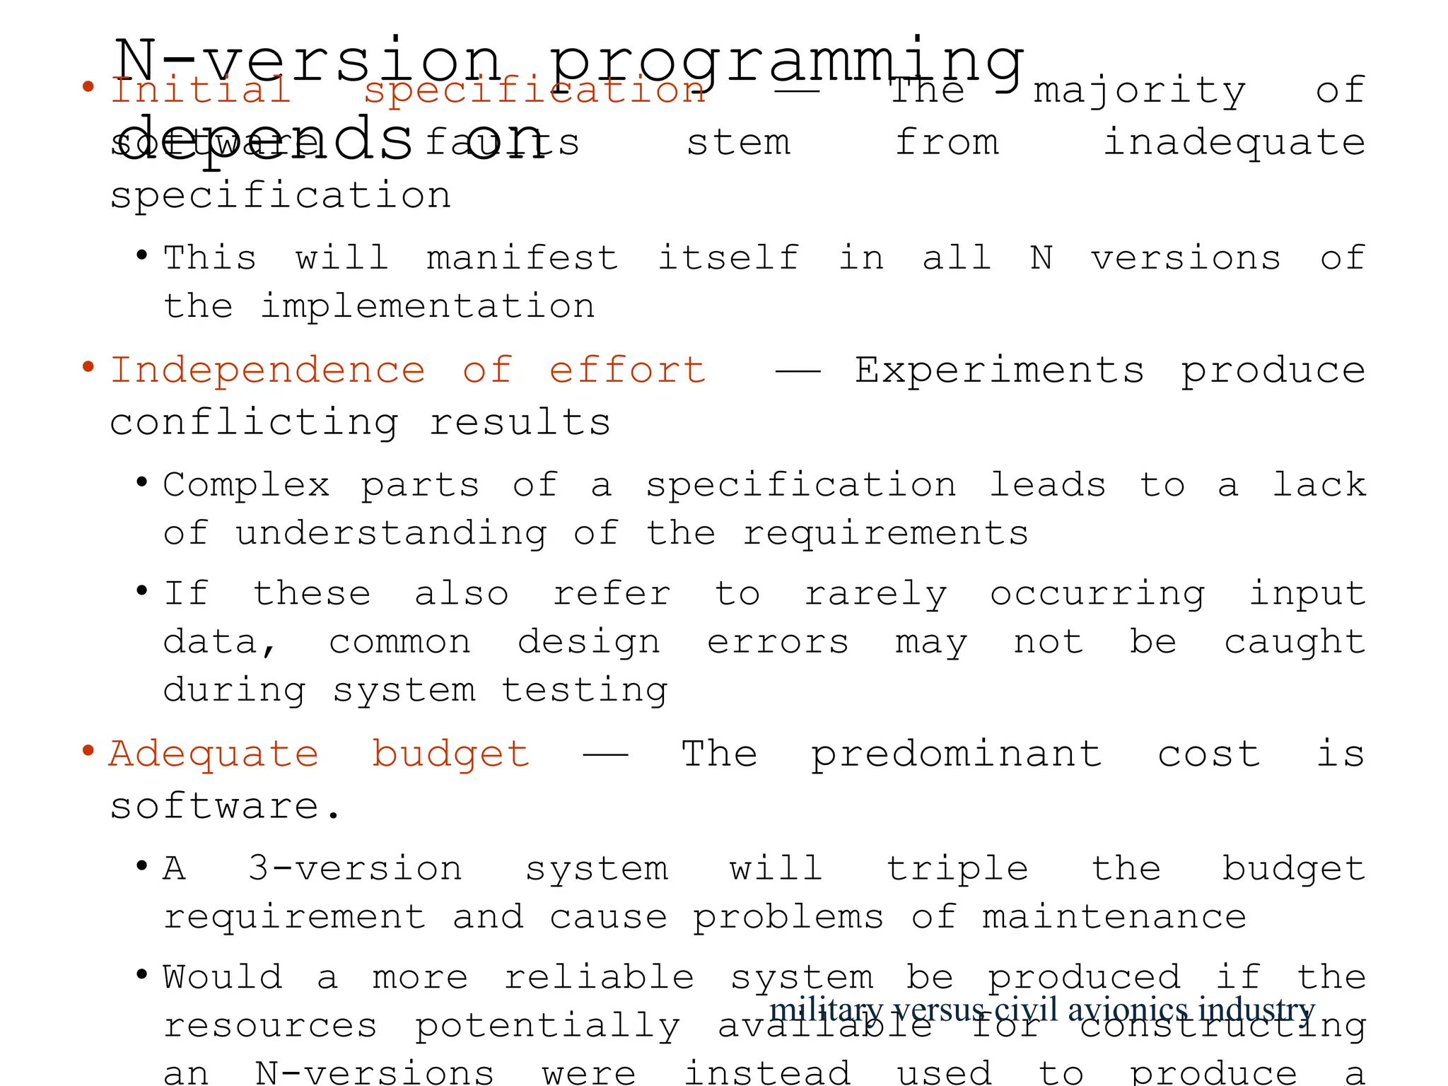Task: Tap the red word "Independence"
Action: [x=268, y=370]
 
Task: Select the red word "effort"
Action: [x=627, y=370]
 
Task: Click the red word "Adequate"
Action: [x=214, y=754]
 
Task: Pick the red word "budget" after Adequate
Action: [x=450, y=754]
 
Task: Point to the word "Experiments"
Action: [x=999, y=370]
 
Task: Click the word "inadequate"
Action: [x=1234, y=143]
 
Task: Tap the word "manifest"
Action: [x=522, y=257]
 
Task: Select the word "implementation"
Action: [x=428, y=306]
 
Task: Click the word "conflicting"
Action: [x=255, y=423]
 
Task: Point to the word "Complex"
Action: [x=247, y=485]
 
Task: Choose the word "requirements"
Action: [x=885, y=533]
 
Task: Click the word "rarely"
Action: [x=875, y=594]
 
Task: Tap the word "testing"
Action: [x=585, y=690]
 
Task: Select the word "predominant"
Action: [x=956, y=754]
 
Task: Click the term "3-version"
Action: [x=355, y=868]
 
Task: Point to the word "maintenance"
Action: [x=1114, y=917]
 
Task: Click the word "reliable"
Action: [x=599, y=977]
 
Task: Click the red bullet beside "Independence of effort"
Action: [x=88, y=367]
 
